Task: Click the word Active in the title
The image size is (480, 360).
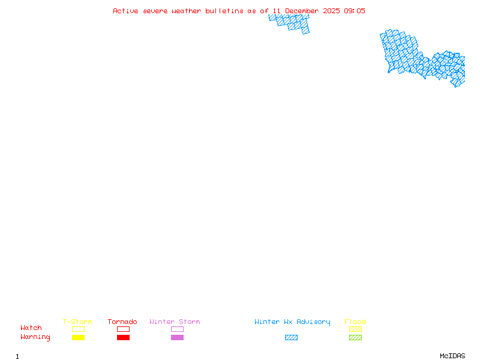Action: pos(126,11)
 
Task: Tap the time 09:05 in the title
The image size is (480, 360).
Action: pos(354,11)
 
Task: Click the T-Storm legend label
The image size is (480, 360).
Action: pos(77,322)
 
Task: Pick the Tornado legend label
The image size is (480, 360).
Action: pos(122,322)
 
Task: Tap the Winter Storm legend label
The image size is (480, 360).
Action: pos(175,322)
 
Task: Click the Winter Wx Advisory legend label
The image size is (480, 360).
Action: pos(292,322)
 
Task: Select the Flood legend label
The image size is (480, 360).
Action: pos(355,322)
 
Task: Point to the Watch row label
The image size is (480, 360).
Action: pos(31,328)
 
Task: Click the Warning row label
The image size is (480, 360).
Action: pos(35,337)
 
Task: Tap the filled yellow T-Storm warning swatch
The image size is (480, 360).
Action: pos(78,338)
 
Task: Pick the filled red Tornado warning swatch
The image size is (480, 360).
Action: pos(123,338)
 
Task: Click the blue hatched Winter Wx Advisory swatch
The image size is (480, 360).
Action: pos(291,338)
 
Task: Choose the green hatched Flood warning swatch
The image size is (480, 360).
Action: pos(355,338)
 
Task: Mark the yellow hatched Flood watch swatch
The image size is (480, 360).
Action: pos(355,329)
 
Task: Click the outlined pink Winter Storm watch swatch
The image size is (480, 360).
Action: pos(177,329)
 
